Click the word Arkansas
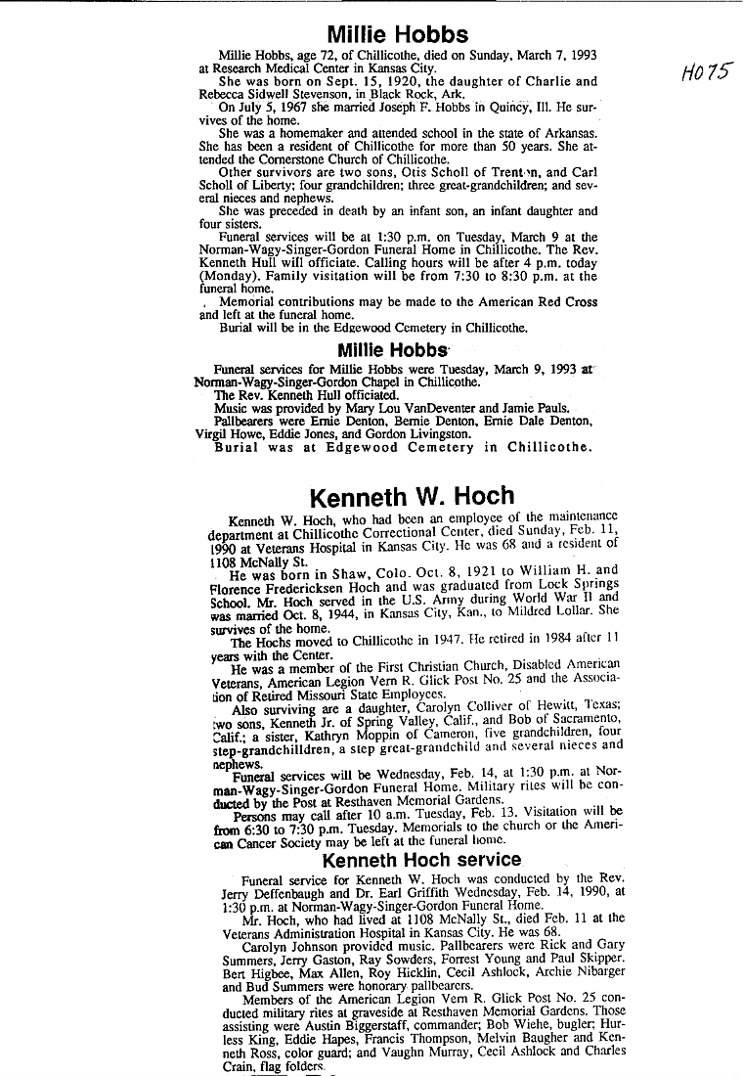coord(565,133)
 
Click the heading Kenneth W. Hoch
coord(412,497)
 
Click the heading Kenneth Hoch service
coord(422,860)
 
